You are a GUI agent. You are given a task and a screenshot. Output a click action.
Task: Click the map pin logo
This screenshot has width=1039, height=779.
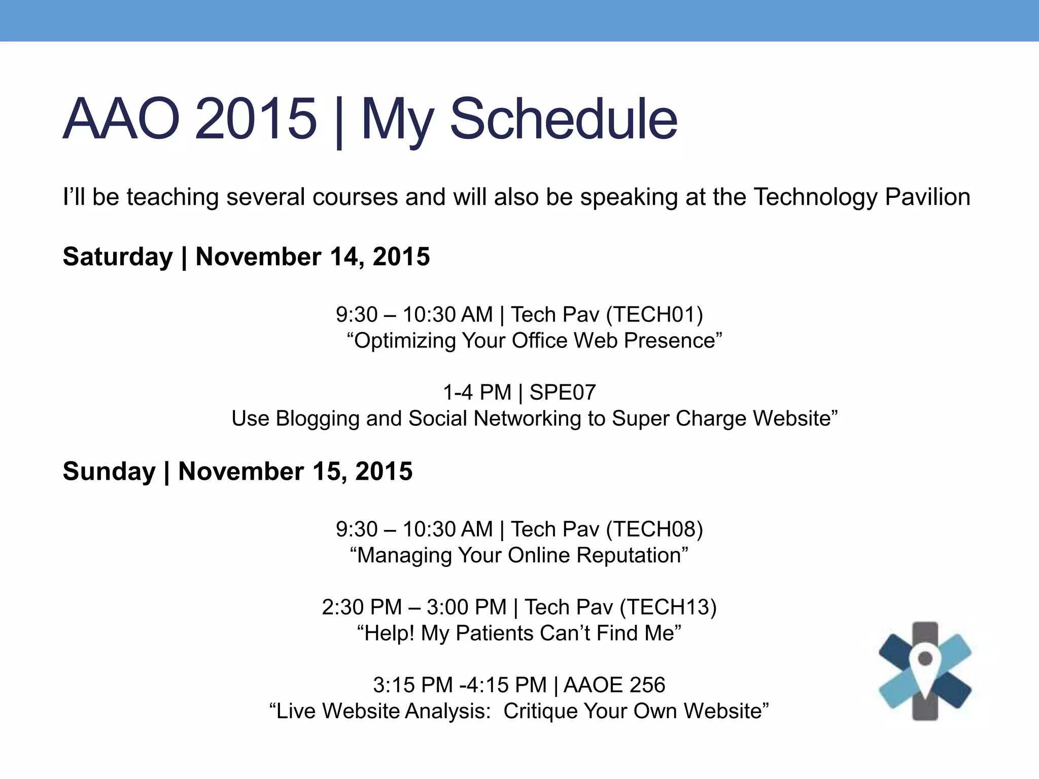925,670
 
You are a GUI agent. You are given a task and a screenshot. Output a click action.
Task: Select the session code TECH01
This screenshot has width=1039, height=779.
654,315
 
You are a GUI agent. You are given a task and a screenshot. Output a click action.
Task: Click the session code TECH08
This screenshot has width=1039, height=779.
654,529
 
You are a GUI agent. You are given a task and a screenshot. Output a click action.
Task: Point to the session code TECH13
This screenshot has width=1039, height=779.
668,608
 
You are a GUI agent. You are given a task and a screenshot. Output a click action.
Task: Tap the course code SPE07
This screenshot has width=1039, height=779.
563,393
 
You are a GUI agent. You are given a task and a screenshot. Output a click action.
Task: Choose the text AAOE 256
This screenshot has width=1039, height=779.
614,685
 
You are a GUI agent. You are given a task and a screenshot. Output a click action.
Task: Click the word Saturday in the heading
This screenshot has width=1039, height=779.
118,257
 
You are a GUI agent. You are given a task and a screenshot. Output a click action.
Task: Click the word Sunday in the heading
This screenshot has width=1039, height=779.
109,472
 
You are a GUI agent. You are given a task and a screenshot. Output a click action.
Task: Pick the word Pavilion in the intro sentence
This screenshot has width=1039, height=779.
927,197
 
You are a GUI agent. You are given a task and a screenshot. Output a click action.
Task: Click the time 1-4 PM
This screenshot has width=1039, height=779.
477,393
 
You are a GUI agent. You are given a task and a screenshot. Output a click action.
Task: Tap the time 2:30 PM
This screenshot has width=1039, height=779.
361,608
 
